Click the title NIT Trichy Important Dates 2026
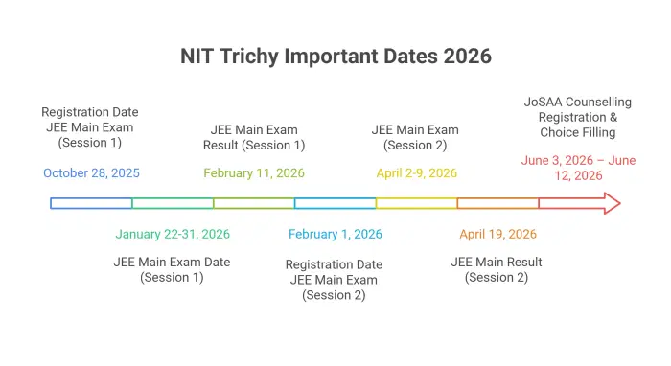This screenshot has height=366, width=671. click(x=335, y=56)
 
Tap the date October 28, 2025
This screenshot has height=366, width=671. click(x=91, y=173)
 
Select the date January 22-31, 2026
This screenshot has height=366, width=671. click(x=173, y=234)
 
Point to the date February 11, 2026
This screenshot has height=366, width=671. click(x=254, y=173)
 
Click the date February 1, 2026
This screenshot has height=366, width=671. click(x=335, y=234)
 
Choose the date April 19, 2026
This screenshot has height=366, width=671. click(x=497, y=234)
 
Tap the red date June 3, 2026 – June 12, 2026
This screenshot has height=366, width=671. click(x=578, y=168)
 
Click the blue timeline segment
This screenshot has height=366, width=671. click(x=91, y=203)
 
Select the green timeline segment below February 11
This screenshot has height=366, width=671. click(x=254, y=203)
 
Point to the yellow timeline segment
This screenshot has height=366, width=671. click(x=416, y=203)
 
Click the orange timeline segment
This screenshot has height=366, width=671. click(x=497, y=203)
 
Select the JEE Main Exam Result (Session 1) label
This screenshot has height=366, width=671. click(x=254, y=137)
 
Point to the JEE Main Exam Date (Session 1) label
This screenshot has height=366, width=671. click(x=173, y=269)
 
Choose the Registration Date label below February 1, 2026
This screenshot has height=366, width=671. click(x=335, y=279)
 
